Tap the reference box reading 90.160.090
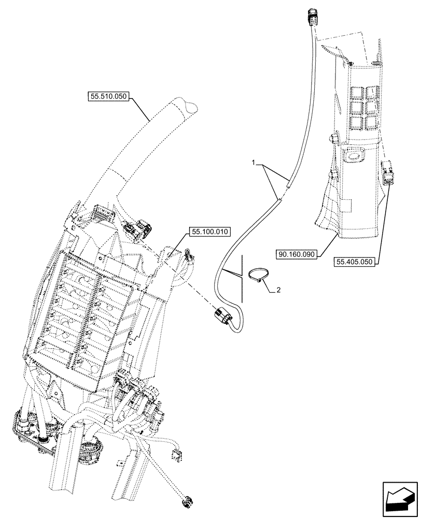pyautogui.click(x=297, y=254)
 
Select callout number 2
pyautogui.click(x=278, y=290)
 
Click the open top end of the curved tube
pyautogui.click(x=189, y=107)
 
